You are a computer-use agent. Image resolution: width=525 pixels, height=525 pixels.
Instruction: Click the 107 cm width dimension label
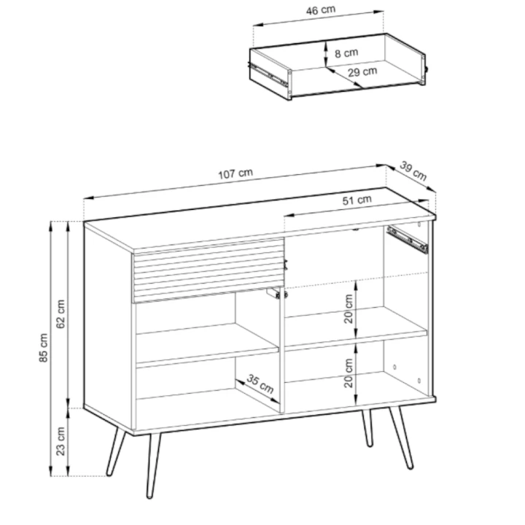(x=235, y=174)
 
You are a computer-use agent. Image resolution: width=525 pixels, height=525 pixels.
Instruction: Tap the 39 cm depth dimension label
(x=413, y=171)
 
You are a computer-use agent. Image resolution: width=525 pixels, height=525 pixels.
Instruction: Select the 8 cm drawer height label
(x=346, y=52)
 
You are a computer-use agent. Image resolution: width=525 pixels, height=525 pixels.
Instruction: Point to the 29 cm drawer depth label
(x=362, y=72)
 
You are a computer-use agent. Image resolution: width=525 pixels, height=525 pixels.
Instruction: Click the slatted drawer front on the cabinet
(x=206, y=268)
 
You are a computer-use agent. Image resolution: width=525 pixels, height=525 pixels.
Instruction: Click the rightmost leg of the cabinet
(x=402, y=437)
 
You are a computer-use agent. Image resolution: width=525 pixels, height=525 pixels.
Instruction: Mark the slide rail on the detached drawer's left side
(x=270, y=74)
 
